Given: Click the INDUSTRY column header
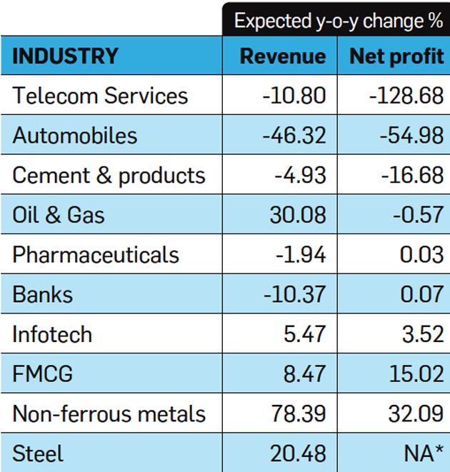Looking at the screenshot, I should pos(66,56).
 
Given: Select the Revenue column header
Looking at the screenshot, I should pos(282,56).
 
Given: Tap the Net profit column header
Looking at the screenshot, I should pos(396,56).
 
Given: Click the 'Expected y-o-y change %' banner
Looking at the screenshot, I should pos(338,21).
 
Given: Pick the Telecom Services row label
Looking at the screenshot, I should pos(100,96).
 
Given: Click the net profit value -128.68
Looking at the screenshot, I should pos(406,96).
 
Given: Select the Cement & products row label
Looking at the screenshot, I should pos(109,176).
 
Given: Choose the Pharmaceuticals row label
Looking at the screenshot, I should pos(96,255).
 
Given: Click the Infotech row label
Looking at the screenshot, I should pos(52,334).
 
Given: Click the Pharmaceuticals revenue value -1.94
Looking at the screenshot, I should pos(301,255).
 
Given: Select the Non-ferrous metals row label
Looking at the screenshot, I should pos(109,413).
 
